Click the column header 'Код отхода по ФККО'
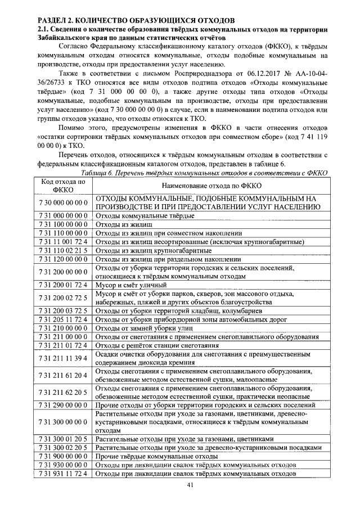tap(63, 186)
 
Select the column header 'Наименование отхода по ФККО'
tap(208, 186)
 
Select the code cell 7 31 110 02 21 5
tap(63, 250)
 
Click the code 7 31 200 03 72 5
tap(63, 310)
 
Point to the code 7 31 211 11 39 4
tap(63, 358)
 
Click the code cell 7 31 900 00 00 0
tap(63, 456)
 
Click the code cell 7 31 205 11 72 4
tap(63, 319)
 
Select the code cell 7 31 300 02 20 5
tap(63, 448)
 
